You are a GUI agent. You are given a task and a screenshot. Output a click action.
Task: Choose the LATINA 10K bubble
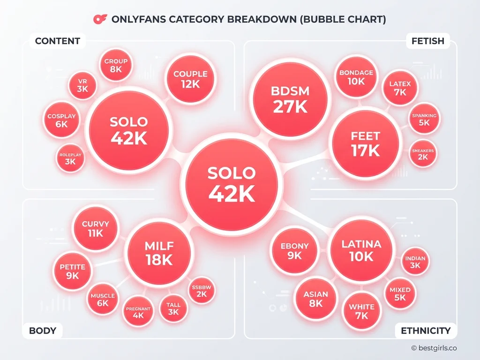click(361, 250)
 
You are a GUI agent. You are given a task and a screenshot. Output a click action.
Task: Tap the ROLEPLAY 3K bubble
click(71, 158)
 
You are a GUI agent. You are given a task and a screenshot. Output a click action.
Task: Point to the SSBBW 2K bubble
click(202, 291)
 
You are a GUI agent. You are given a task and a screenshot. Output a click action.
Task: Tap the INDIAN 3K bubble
click(415, 262)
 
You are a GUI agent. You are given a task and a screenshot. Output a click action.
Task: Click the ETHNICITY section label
click(426, 330)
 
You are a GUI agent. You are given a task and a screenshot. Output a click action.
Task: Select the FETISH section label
click(427, 41)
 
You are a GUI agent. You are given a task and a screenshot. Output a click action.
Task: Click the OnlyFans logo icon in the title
click(100, 19)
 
